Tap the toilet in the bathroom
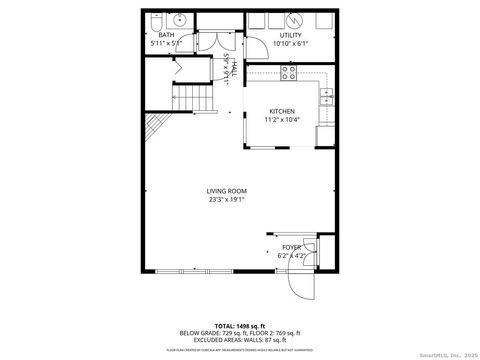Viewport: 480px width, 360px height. [154, 21]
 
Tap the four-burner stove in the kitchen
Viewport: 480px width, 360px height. [288, 72]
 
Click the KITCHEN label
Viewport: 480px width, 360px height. [282, 111]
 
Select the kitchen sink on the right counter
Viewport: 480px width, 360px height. [325, 96]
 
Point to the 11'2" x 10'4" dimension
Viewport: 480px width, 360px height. [282, 120]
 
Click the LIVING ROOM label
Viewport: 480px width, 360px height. [226, 190]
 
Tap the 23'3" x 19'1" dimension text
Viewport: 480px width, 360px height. [226, 199]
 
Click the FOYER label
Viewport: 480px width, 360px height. [291, 247]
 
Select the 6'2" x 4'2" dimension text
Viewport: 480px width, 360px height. [291, 256]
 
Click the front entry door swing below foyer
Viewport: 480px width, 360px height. [301, 284]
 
